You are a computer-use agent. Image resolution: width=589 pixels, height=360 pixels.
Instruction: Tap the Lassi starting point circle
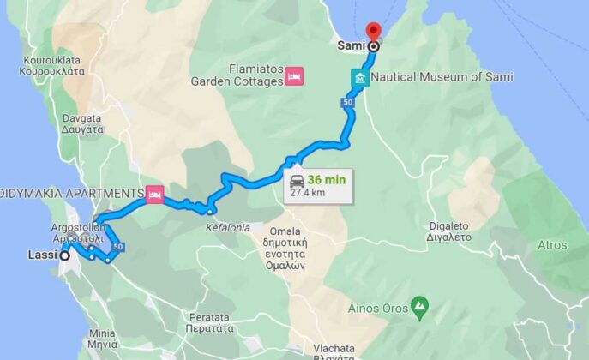click(x=64, y=255)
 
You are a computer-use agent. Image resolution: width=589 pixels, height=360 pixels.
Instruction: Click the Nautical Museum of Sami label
click(x=442, y=77)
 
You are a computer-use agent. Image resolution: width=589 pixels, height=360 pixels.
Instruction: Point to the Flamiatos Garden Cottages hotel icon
click(x=293, y=75)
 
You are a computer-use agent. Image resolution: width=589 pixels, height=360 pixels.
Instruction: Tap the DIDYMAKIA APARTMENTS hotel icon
click(x=155, y=194)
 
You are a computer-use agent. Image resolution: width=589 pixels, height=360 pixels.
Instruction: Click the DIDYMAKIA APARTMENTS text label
click(x=72, y=194)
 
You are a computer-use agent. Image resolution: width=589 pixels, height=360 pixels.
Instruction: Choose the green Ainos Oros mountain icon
click(x=419, y=305)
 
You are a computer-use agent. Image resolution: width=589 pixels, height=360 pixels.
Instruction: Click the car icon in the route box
click(x=297, y=180)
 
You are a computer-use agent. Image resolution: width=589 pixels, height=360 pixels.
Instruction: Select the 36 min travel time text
click(x=326, y=180)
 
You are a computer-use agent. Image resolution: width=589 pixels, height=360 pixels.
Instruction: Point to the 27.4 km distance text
click(x=307, y=194)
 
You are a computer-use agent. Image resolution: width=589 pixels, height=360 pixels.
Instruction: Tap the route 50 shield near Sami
click(x=347, y=103)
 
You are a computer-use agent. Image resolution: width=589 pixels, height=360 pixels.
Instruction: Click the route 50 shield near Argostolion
click(x=119, y=247)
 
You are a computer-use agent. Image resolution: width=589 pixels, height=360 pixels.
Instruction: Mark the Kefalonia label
click(x=227, y=228)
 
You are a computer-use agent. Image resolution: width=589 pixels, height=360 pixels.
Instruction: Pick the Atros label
click(x=553, y=244)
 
